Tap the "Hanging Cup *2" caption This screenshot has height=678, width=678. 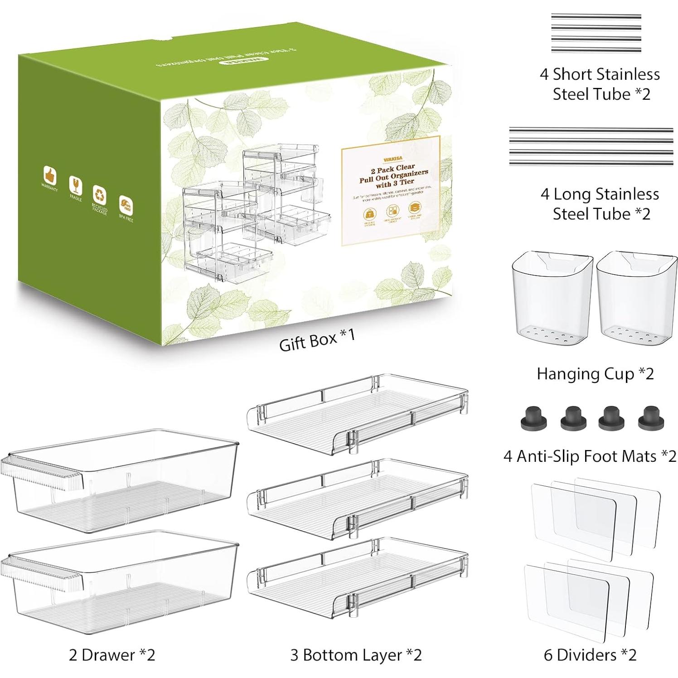[595, 374]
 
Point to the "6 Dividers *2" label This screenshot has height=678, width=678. [590, 655]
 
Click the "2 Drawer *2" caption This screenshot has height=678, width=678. [112, 655]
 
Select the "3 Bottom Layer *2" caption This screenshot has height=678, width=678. [356, 655]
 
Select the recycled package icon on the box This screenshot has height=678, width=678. [100, 194]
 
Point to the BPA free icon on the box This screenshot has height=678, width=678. [125, 203]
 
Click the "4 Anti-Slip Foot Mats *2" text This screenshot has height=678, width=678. [590, 456]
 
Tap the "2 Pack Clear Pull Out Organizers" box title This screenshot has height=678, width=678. [393, 174]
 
